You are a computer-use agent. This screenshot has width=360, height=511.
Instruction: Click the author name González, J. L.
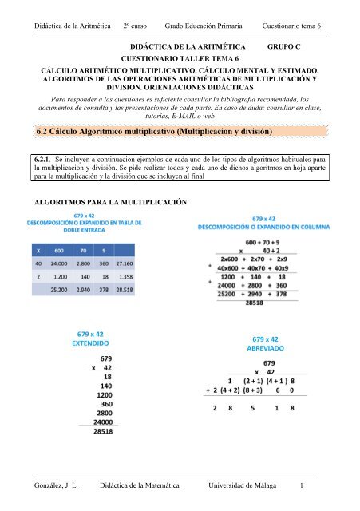tap(52, 485)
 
